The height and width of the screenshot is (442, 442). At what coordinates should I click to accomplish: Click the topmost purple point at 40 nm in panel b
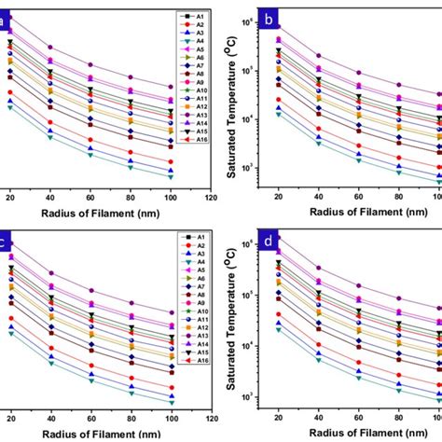tap(317, 56)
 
